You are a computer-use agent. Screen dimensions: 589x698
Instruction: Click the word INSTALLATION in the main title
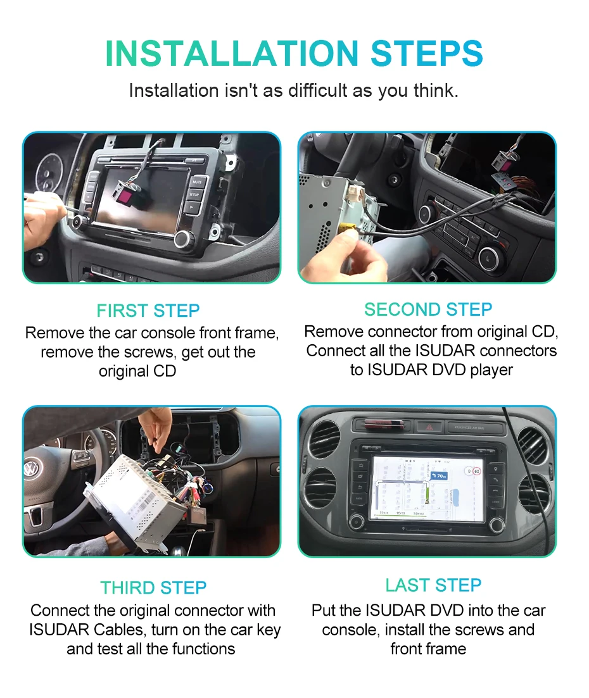(232, 54)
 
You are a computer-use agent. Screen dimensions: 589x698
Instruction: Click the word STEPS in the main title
(427, 54)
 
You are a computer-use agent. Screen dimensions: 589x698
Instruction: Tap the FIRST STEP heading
(148, 311)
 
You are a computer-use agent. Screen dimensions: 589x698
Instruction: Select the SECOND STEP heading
(428, 309)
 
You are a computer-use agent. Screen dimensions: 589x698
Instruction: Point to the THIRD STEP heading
(153, 588)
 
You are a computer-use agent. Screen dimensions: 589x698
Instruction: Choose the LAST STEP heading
(433, 585)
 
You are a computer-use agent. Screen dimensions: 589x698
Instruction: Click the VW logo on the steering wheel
(32, 468)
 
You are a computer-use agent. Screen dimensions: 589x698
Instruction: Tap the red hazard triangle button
(429, 427)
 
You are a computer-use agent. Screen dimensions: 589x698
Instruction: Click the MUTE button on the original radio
(198, 182)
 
